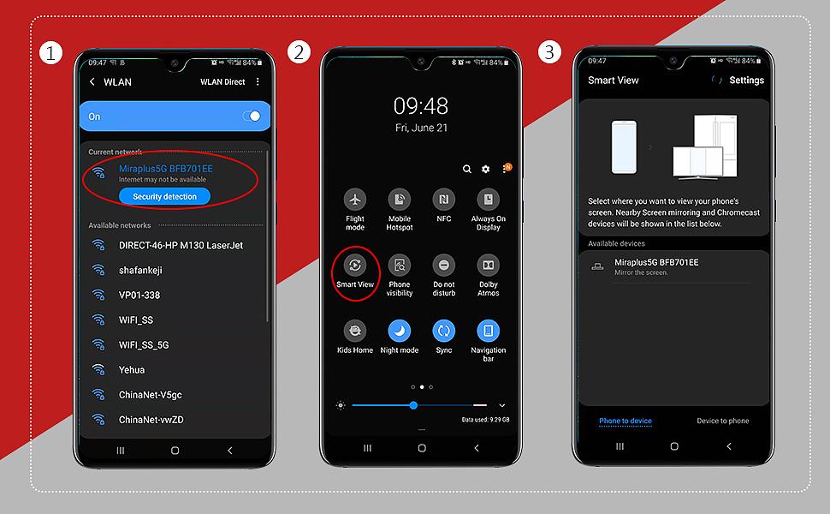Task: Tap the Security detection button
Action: [x=164, y=196]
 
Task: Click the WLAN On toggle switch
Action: [x=252, y=116]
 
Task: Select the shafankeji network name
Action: [x=140, y=270]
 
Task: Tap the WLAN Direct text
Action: [x=222, y=81]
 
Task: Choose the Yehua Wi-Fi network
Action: [x=132, y=370]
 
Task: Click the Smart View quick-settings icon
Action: [x=355, y=265]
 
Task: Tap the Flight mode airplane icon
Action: [x=355, y=200]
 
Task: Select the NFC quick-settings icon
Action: [x=443, y=200]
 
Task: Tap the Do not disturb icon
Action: [x=443, y=265]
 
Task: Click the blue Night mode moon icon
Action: [x=400, y=331]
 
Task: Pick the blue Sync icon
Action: [x=443, y=331]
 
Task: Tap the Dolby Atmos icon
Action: [x=488, y=265]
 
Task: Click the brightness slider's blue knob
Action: [x=413, y=405]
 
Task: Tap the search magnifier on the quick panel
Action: [x=467, y=169]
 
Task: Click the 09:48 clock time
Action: [x=421, y=106]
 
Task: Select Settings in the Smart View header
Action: [x=746, y=80]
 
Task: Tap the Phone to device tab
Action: [x=625, y=421]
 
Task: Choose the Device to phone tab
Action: [x=722, y=421]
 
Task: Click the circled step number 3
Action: [x=549, y=52]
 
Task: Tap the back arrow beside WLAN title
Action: [x=92, y=81]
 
